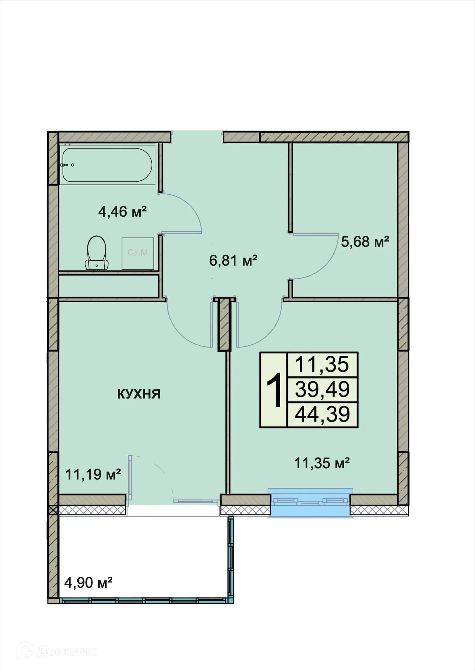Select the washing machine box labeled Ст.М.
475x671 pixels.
click(x=138, y=253)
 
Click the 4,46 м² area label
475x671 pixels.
click(x=122, y=212)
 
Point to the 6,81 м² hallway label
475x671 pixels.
click(x=233, y=260)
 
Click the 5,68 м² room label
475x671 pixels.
click(x=365, y=241)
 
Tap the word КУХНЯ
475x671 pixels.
click(x=139, y=394)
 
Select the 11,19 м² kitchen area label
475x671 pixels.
click(x=93, y=474)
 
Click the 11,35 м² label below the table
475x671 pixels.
click(x=322, y=463)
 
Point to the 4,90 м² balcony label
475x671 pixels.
click(x=88, y=583)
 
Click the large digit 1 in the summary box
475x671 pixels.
click(x=274, y=390)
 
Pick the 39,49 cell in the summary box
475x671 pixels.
click(x=322, y=389)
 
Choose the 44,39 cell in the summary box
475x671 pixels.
click(x=322, y=414)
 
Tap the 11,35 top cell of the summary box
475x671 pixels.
click(x=322, y=365)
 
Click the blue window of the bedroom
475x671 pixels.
click(x=310, y=503)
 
